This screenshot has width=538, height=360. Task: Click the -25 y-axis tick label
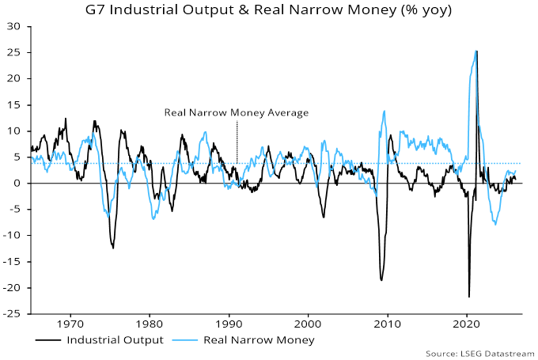[13, 313]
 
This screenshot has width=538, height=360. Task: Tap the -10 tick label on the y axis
[13, 235]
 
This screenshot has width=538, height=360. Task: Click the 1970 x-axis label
[70, 323]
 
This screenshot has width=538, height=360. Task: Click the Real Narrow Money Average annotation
[236, 112]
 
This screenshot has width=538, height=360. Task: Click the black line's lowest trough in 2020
[469, 297]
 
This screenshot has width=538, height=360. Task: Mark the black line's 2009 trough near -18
[381, 280]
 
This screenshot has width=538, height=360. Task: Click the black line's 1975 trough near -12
[113, 248]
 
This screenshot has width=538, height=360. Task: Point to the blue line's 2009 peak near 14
[384, 111]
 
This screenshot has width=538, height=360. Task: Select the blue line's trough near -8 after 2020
[496, 225]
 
